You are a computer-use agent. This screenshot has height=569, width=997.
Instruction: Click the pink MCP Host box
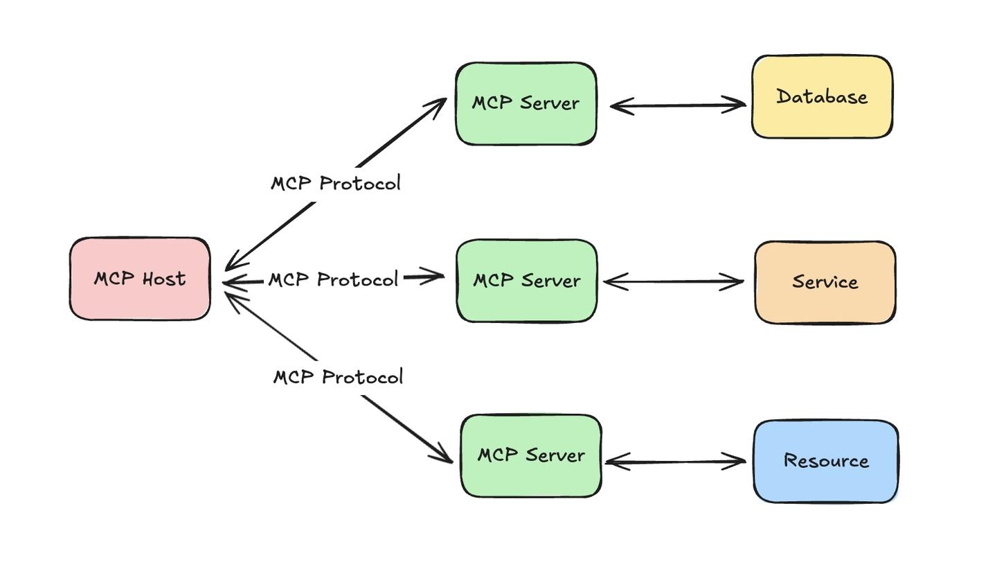coord(140,279)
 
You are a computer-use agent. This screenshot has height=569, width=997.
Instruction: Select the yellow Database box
coord(822,96)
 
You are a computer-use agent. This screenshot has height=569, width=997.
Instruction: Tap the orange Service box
coord(825,282)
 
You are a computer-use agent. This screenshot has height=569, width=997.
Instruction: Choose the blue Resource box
coord(825,461)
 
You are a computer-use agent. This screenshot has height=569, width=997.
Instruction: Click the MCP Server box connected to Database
coord(526,103)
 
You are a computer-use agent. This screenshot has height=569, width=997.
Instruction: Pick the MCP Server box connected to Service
coord(526,281)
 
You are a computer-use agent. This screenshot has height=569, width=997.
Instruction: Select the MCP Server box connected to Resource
coord(530,455)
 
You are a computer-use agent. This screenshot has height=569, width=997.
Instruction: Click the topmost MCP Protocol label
coord(336,184)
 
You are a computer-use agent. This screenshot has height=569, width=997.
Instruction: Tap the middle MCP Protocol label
coord(333,279)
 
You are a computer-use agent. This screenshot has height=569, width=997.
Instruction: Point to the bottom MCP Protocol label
coord(338,377)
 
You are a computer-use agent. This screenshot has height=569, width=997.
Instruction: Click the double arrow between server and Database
coord(677,105)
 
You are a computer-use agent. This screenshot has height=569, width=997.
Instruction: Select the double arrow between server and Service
coord(673,281)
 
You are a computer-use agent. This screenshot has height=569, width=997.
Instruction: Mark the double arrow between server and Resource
coord(675,462)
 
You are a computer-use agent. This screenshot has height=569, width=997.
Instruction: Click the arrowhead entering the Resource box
coord(736,461)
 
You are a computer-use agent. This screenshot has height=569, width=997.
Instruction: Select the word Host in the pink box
coord(164,279)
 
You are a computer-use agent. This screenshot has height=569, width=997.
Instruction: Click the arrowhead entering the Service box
coord(734,281)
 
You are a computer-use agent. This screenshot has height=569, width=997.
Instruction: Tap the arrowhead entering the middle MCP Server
coord(435,277)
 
